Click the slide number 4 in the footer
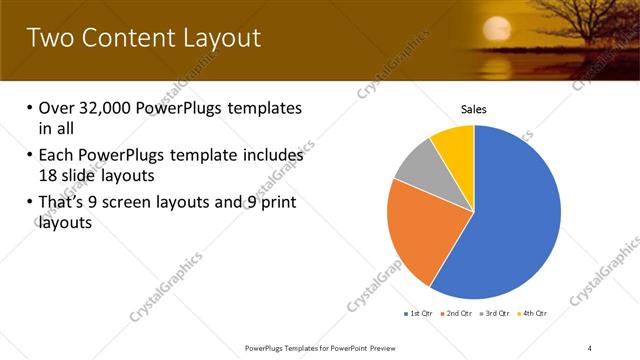[590, 347]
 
